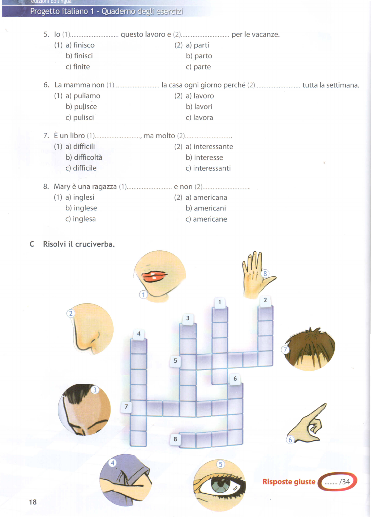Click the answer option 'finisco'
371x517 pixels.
(84, 45)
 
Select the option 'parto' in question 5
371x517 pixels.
(203, 56)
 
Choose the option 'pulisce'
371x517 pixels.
(85, 107)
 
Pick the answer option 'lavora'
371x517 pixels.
(203, 118)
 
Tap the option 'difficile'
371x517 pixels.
(85, 168)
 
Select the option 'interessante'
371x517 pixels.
(213, 147)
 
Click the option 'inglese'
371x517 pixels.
(85, 208)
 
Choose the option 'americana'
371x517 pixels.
(210, 198)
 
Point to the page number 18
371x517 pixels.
(33, 502)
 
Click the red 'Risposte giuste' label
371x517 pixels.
(289, 482)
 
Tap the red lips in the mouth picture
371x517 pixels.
(155, 276)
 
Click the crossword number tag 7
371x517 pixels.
(126, 407)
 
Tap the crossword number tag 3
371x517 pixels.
(188, 318)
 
